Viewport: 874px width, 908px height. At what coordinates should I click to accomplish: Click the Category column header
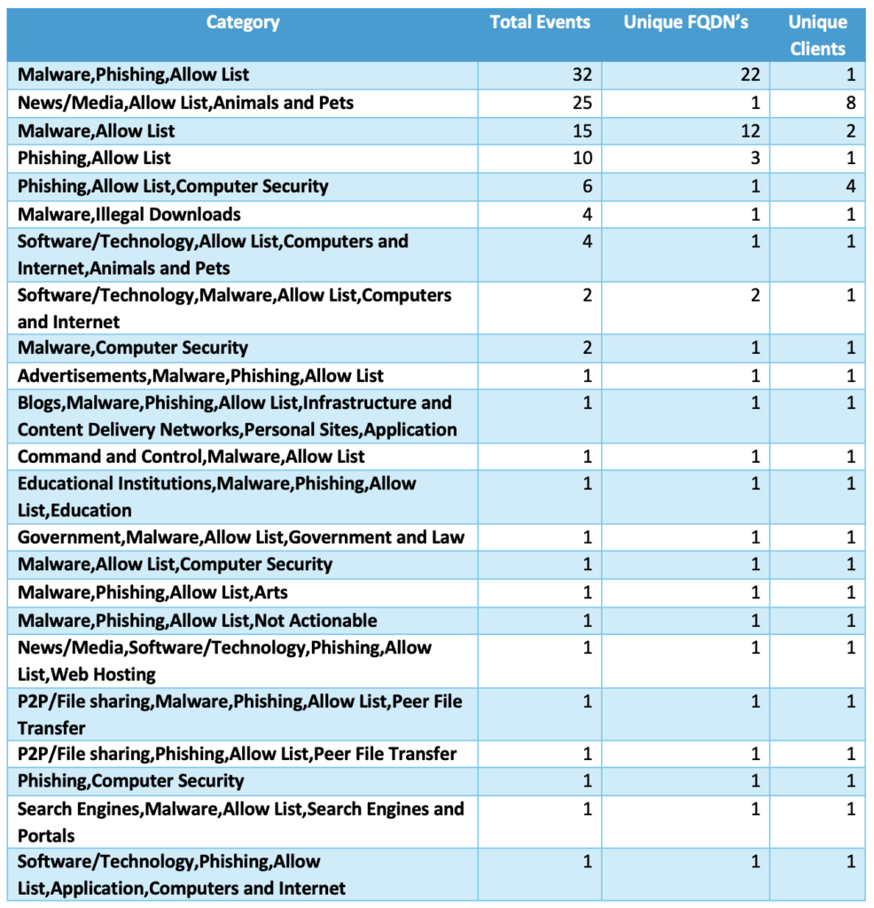(x=242, y=23)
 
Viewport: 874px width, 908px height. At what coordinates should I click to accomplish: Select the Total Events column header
(x=540, y=23)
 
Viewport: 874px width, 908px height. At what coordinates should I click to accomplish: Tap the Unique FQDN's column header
(x=685, y=23)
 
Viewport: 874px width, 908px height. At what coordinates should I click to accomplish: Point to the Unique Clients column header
(x=817, y=35)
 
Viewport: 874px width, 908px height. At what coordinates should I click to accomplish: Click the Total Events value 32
(x=581, y=75)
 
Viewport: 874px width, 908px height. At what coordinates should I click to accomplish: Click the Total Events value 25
(x=581, y=103)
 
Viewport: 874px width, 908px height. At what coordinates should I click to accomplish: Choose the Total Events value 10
(x=581, y=159)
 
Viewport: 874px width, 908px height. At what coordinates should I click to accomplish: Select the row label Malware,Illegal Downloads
(x=129, y=214)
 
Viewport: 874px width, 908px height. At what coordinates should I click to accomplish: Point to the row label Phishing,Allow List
(x=95, y=159)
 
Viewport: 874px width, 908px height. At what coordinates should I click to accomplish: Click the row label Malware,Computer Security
(x=133, y=348)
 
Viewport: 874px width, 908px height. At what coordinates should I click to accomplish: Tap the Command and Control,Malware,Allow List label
(x=191, y=457)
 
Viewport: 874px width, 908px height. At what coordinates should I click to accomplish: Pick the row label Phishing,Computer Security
(x=131, y=781)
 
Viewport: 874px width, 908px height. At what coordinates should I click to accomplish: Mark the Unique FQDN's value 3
(x=755, y=159)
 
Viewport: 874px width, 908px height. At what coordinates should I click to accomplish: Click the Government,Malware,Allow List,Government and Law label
(x=241, y=537)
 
